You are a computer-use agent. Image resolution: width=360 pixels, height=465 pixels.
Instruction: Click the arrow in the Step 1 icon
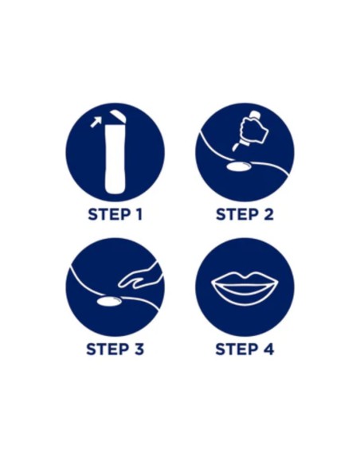[96, 122]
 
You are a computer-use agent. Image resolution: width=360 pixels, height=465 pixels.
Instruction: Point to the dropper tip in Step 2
[236, 146]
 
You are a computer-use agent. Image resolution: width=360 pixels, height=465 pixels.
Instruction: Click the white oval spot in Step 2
[239, 166]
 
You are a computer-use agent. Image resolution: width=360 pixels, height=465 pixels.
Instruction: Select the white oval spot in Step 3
[109, 301]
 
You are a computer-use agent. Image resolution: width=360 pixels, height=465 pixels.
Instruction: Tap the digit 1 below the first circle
[139, 214]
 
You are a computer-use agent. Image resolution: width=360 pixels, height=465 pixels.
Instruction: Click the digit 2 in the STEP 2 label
[268, 214]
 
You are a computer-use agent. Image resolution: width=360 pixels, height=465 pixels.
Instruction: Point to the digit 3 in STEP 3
[139, 349]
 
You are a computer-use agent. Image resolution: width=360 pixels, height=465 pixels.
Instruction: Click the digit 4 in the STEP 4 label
[268, 349]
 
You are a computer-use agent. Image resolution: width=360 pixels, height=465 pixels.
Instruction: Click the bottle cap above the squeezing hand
[255, 114]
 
